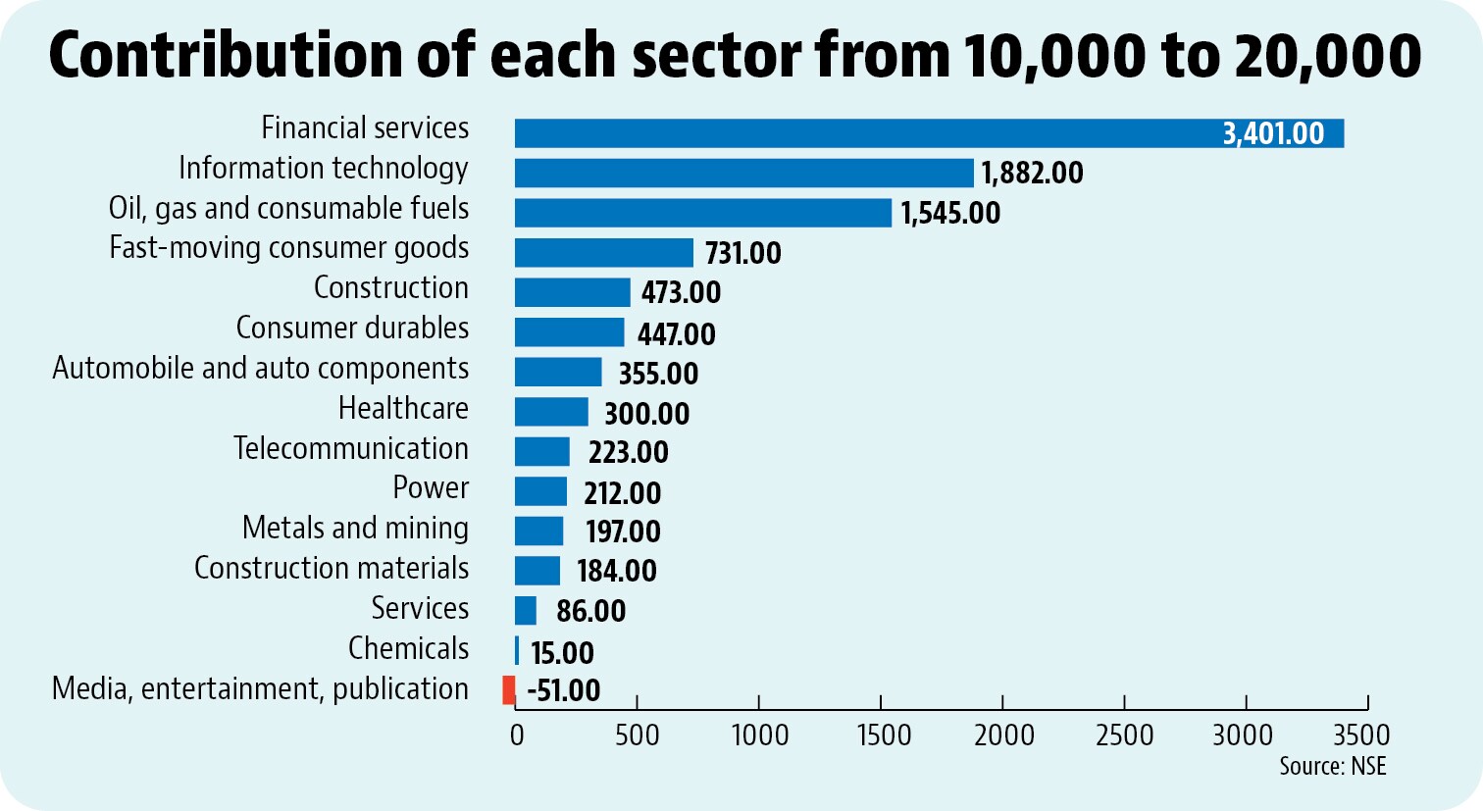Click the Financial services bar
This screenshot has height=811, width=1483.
pyautogui.click(x=929, y=133)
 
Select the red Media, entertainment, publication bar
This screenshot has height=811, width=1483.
pyautogui.click(x=508, y=689)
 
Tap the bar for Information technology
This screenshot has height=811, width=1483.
pyautogui.click(x=744, y=173)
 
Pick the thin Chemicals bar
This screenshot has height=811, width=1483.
pyautogui.click(x=517, y=650)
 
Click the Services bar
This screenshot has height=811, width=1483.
pyautogui.click(x=526, y=610)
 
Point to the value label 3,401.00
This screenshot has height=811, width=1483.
pyautogui.click(x=1272, y=133)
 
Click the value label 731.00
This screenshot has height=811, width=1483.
pyautogui.click(x=742, y=253)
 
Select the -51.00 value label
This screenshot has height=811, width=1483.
pyautogui.click(x=563, y=690)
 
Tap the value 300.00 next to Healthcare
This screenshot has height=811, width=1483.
pyautogui.click(x=646, y=414)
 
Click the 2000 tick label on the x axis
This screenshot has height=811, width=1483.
pyautogui.click(x=1003, y=735)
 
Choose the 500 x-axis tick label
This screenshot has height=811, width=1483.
pyautogui.click(x=637, y=735)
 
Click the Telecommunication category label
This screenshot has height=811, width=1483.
pyautogui.click(x=351, y=448)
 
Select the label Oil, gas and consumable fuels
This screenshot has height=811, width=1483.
pyautogui.click(x=288, y=209)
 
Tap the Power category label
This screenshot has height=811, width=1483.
pyautogui.click(x=431, y=488)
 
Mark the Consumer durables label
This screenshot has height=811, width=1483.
pyautogui.click(x=352, y=328)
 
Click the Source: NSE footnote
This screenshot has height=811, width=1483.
pyautogui.click(x=1333, y=766)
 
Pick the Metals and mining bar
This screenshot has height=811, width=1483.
pyautogui.click(x=538, y=531)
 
